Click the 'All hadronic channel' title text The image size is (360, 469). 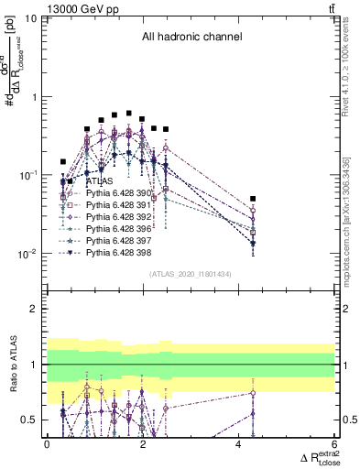pos(191,38)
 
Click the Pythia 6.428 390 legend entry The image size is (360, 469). pos(107,195)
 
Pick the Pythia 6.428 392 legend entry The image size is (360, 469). pos(107,220)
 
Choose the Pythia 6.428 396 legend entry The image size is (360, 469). pos(107,232)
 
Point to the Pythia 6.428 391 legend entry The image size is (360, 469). pos(107,207)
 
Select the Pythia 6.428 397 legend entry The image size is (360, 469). pos(107,245)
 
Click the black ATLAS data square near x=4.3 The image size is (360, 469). pos(253,199)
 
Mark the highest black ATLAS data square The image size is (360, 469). pos(129,114)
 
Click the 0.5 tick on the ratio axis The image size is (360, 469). pos(31,420)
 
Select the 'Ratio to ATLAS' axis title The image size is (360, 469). pos(12,365)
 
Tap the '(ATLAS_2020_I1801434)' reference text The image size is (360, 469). pos(191,274)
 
